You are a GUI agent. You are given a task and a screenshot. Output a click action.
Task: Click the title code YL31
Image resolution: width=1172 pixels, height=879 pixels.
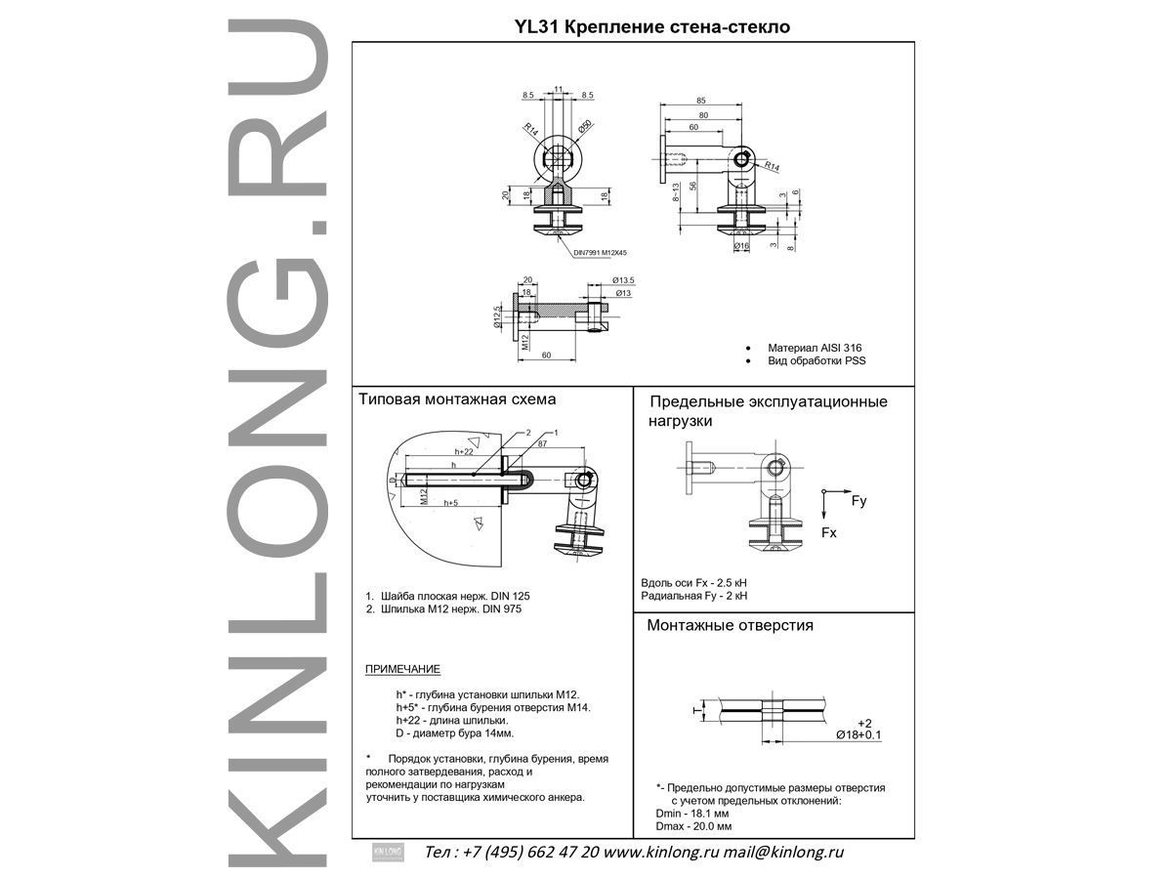click(537, 27)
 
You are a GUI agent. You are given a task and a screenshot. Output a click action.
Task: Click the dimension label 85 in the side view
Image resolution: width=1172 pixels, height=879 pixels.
click(701, 100)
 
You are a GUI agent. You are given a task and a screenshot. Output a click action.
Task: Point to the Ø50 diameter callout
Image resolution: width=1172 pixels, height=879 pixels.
click(585, 127)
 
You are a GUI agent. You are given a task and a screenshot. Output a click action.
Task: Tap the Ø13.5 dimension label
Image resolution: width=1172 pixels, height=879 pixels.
click(623, 280)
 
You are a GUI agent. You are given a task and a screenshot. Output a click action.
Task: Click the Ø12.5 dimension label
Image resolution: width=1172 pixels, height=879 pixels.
click(499, 316)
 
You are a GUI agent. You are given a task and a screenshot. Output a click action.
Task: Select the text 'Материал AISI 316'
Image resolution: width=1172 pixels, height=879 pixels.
click(815, 347)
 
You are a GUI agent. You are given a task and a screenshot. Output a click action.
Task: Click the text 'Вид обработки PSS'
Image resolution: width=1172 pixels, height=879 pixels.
click(816, 360)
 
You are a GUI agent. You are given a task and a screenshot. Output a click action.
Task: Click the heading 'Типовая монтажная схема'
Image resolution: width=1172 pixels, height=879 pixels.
click(456, 399)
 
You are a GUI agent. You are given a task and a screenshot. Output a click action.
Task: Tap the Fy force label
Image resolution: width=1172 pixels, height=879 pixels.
click(858, 501)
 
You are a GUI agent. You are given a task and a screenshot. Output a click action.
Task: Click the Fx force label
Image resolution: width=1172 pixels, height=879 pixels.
click(828, 533)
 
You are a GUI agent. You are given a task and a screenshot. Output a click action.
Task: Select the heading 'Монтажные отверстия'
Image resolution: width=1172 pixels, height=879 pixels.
click(730, 625)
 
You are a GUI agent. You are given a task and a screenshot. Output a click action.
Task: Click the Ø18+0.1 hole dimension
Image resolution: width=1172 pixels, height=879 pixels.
click(858, 733)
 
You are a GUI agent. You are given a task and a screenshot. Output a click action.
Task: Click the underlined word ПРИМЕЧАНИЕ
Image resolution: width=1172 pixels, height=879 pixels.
click(402, 669)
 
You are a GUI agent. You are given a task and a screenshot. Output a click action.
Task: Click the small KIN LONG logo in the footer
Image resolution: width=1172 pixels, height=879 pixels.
click(388, 852)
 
